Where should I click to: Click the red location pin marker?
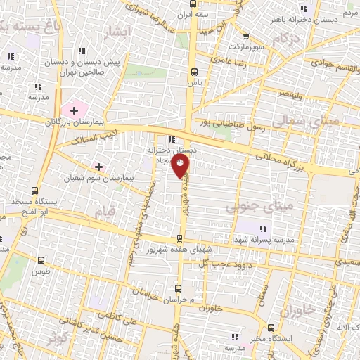181,165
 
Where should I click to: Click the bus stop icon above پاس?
194,71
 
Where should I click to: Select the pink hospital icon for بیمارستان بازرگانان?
74,110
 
